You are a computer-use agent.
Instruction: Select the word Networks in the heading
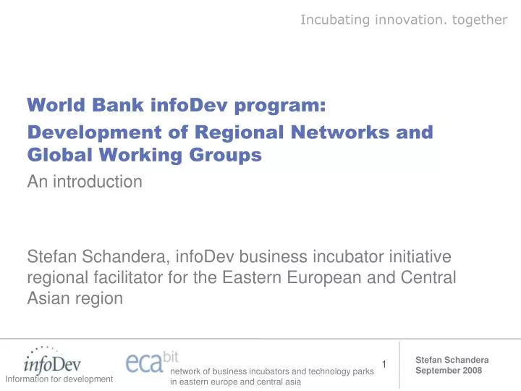338,133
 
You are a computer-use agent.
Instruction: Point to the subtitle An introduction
85,182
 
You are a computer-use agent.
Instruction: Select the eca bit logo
151,360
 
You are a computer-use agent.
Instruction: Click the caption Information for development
59,379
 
